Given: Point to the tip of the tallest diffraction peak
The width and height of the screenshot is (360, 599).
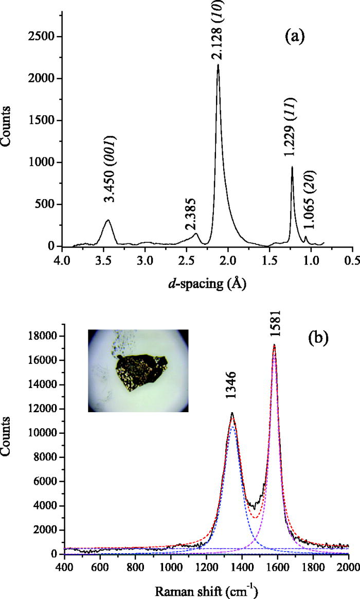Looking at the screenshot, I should (x=218, y=65).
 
